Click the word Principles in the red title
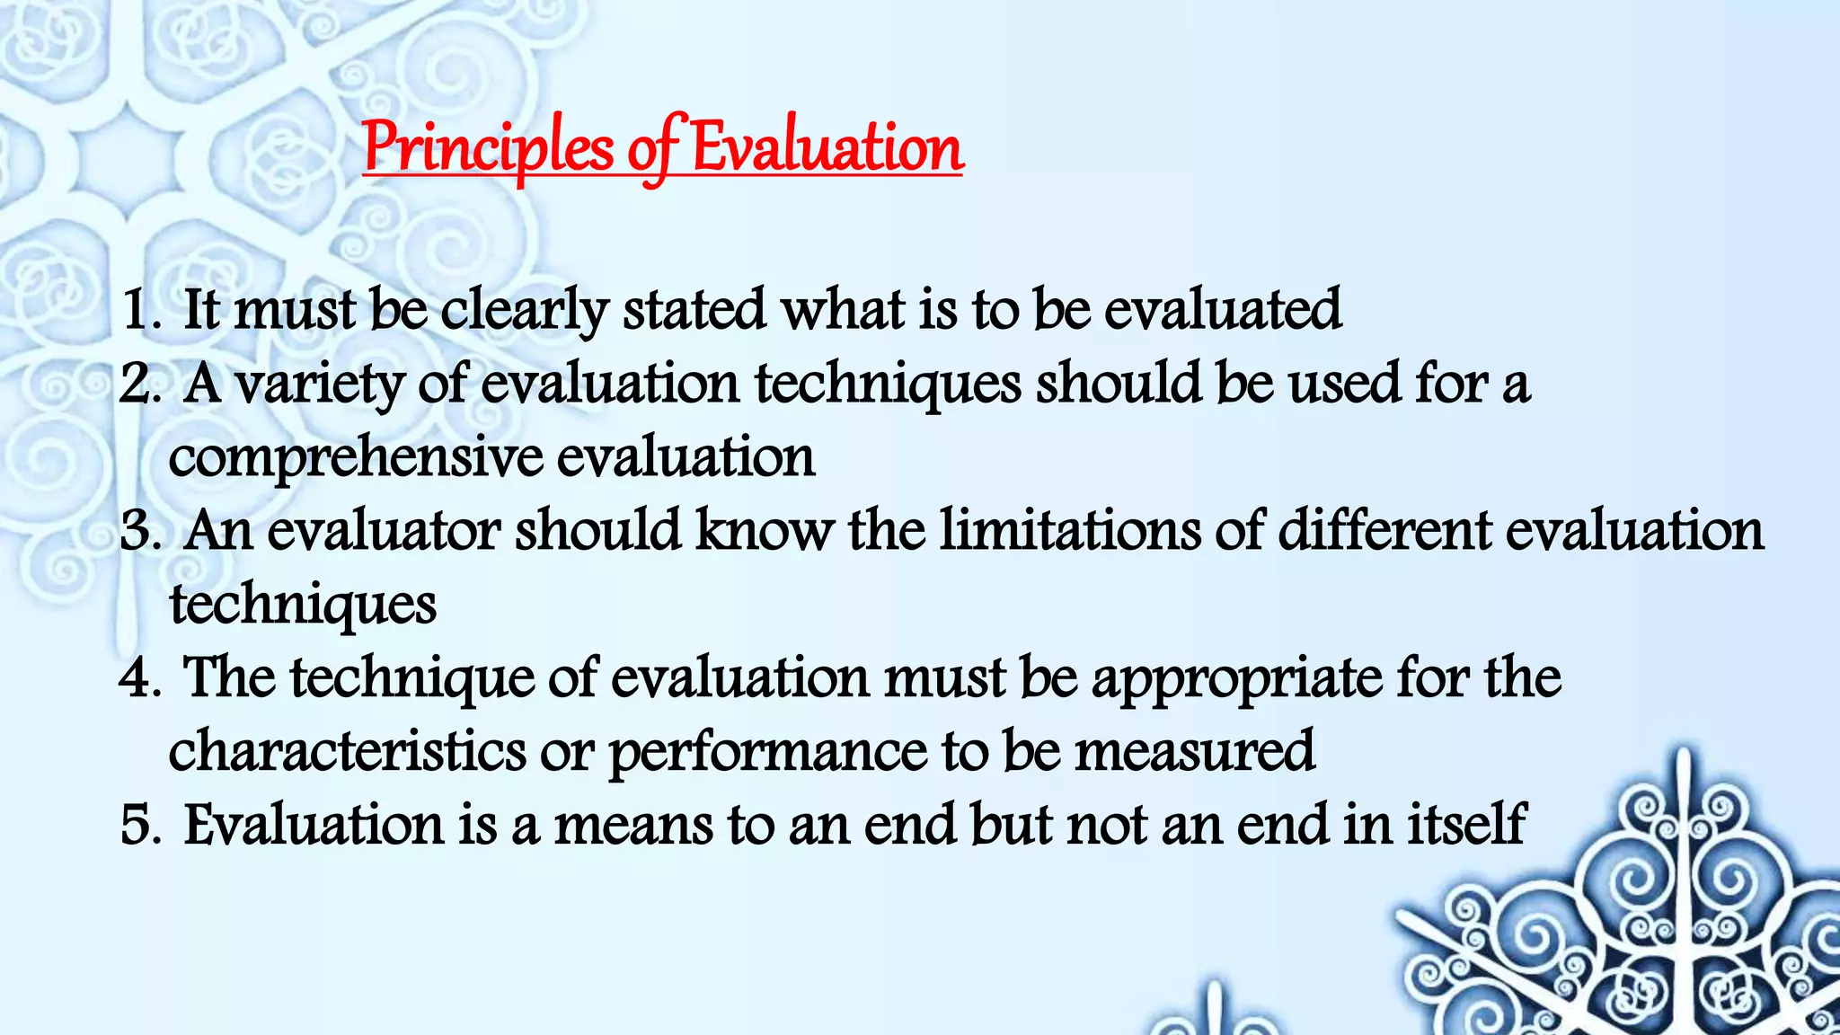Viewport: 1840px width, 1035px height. (488, 149)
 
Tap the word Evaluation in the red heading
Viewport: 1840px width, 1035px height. (827, 149)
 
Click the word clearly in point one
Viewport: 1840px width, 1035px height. (524, 311)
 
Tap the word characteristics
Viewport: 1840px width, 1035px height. (348, 752)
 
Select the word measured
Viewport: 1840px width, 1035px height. (1195, 752)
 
